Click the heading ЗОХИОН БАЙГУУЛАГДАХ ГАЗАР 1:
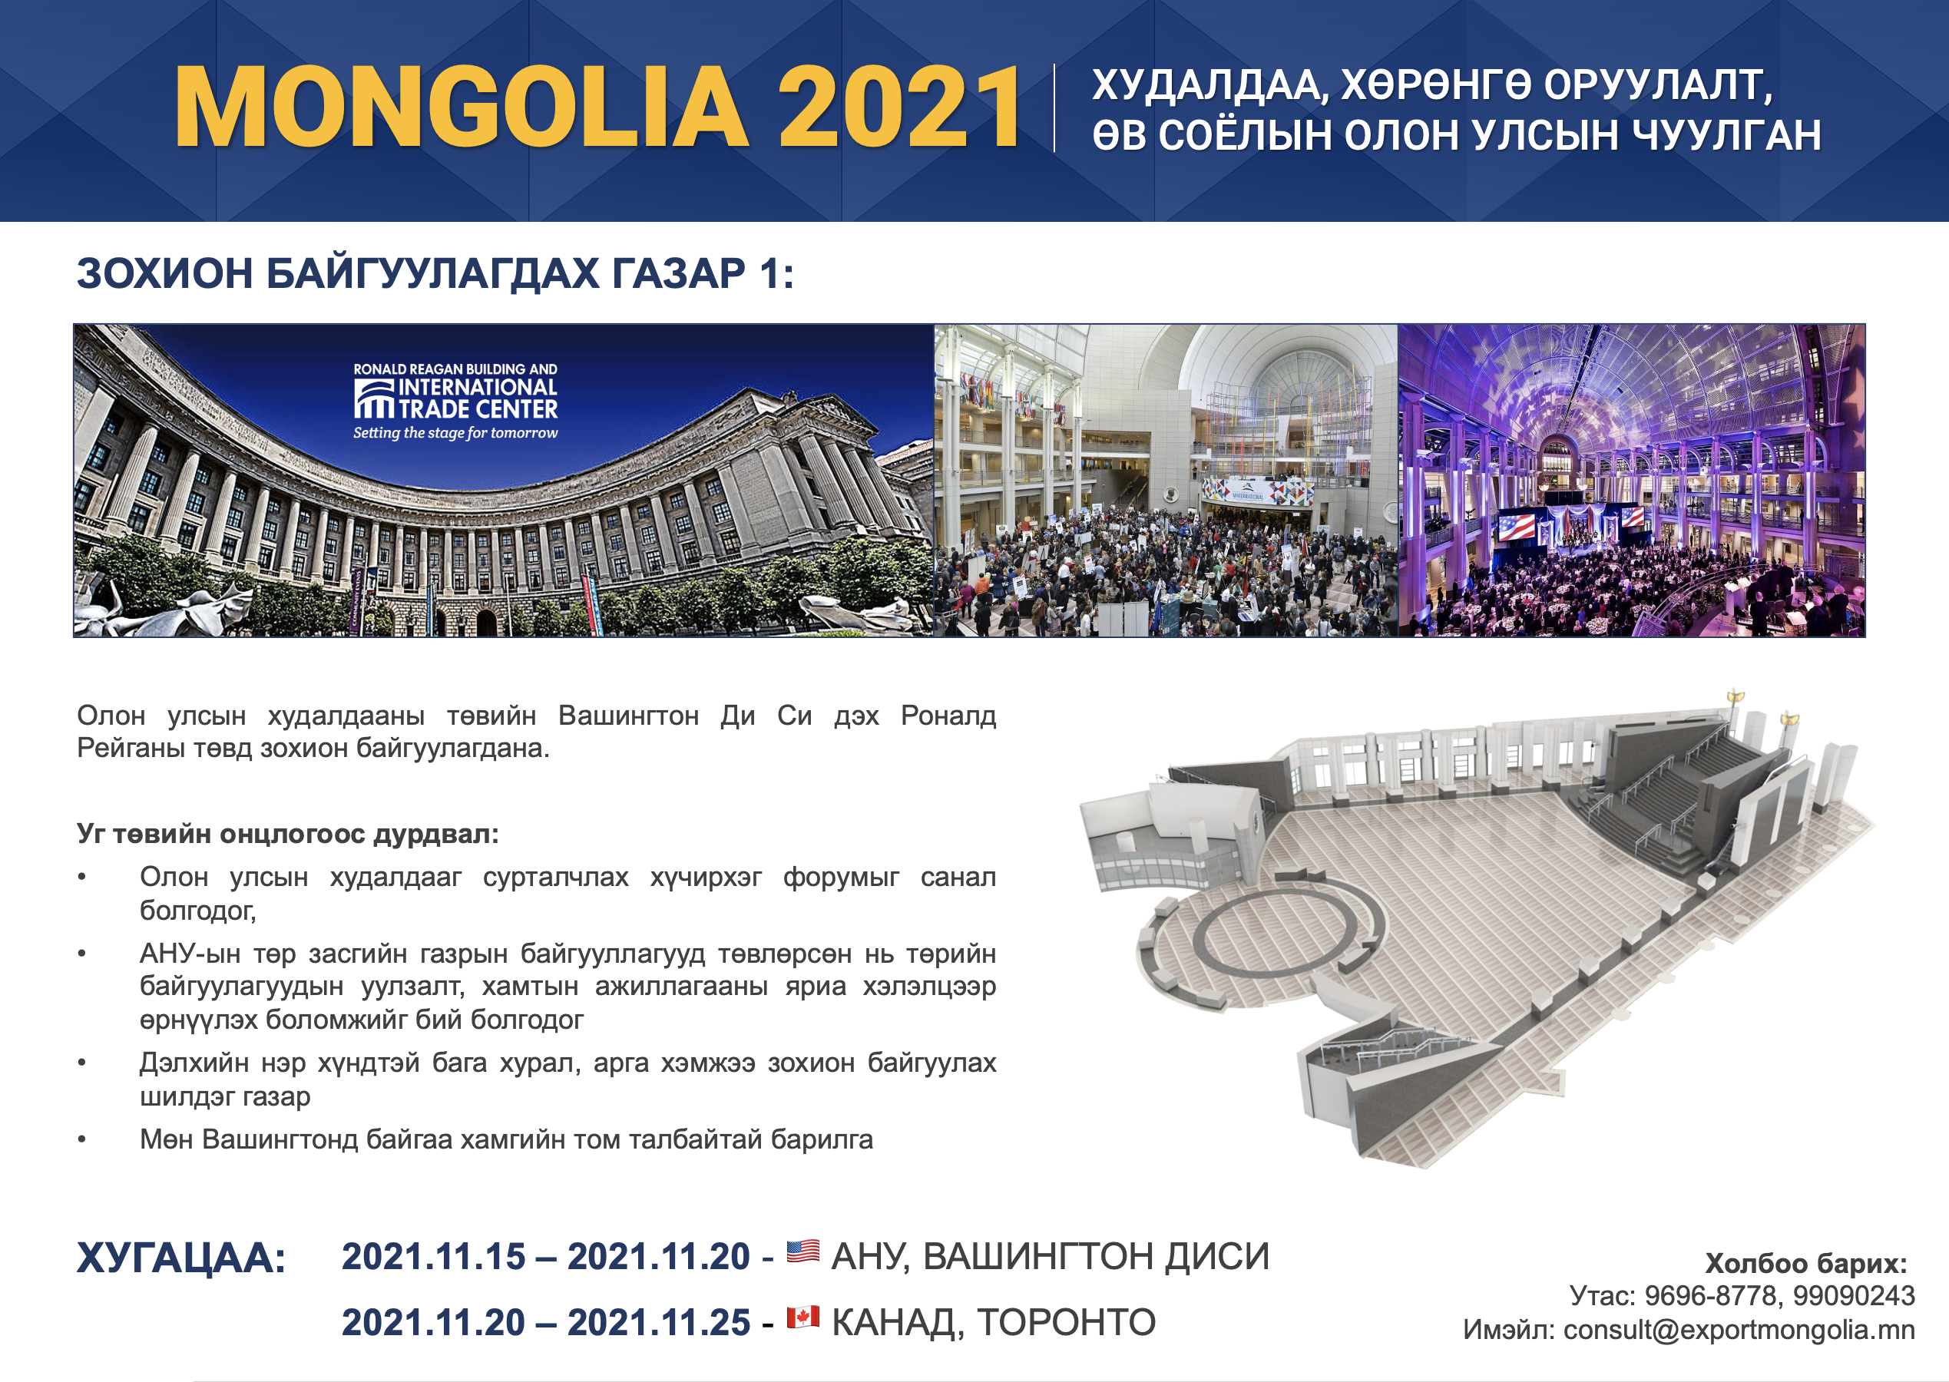435,274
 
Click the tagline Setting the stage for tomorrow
455,433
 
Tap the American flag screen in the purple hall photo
1516,527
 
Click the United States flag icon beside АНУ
802,1251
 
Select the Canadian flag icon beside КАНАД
802,1317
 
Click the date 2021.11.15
433,1257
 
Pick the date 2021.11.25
659,1322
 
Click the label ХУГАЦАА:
181,1258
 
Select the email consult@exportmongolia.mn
1739,1330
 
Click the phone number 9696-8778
1711,1295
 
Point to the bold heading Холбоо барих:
1806,1263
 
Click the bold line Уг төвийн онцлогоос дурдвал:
288,833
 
